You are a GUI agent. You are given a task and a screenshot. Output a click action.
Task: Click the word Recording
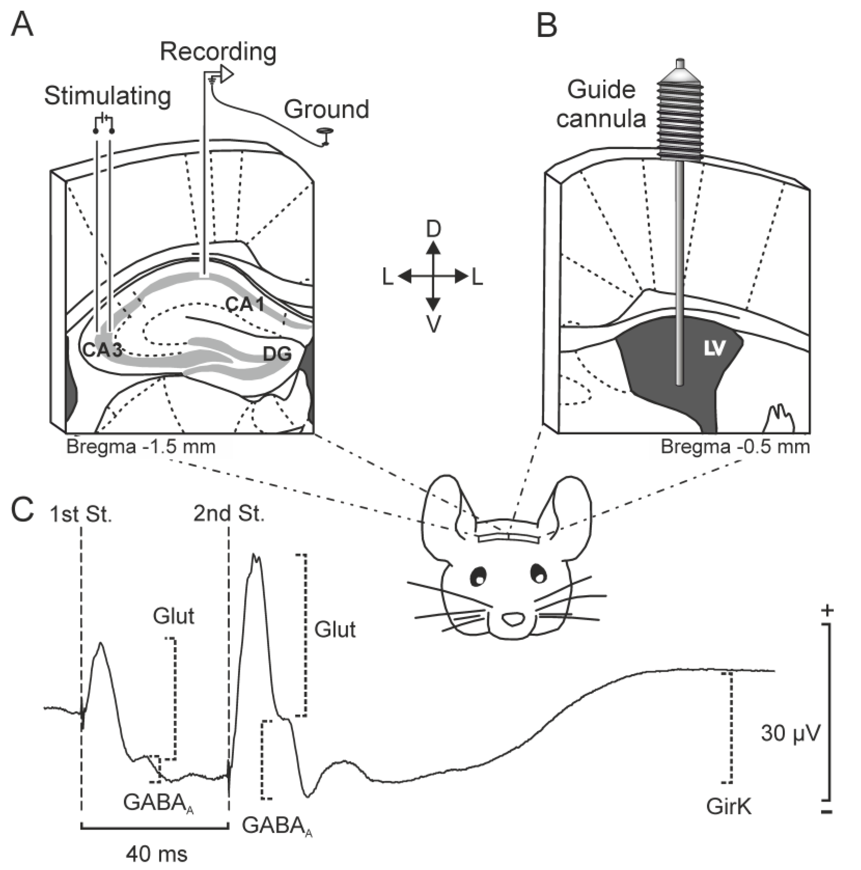coord(218,52)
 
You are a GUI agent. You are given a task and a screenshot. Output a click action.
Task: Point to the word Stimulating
coord(108,96)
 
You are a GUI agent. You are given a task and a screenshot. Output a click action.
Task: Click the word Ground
coord(327,110)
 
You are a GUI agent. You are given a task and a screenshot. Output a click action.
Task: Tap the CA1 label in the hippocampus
coord(245,305)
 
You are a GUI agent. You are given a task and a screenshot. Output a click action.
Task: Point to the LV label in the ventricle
coord(714,348)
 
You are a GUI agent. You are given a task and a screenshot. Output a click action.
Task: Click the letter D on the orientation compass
coord(433,230)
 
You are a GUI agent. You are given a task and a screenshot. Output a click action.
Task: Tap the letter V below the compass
coord(433,323)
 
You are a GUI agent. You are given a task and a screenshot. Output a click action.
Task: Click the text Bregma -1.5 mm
coord(141,447)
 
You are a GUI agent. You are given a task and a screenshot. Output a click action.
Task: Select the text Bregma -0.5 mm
coord(735,447)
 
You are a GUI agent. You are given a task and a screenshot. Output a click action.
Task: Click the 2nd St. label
coord(229,514)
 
